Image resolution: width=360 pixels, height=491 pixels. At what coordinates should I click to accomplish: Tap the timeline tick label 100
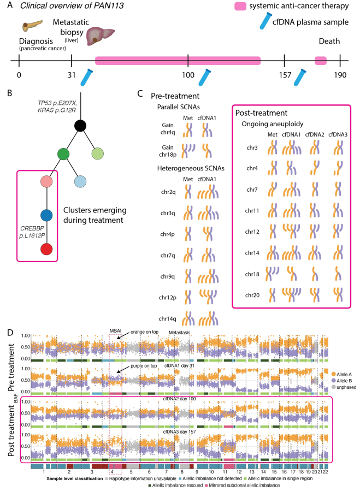(188, 74)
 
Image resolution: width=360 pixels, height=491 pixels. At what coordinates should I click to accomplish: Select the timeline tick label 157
(285, 74)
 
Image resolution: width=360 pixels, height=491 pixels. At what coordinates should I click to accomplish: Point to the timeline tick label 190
(340, 74)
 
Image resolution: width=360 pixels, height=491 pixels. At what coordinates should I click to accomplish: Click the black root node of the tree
(81, 126)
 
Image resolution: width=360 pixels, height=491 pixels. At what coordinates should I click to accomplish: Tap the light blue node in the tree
(80, 181)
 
